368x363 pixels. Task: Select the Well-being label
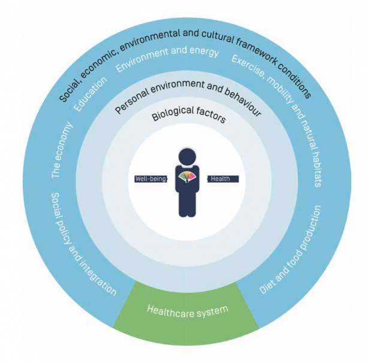tap(150, 179)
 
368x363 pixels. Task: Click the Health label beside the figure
tap(223, 179)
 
